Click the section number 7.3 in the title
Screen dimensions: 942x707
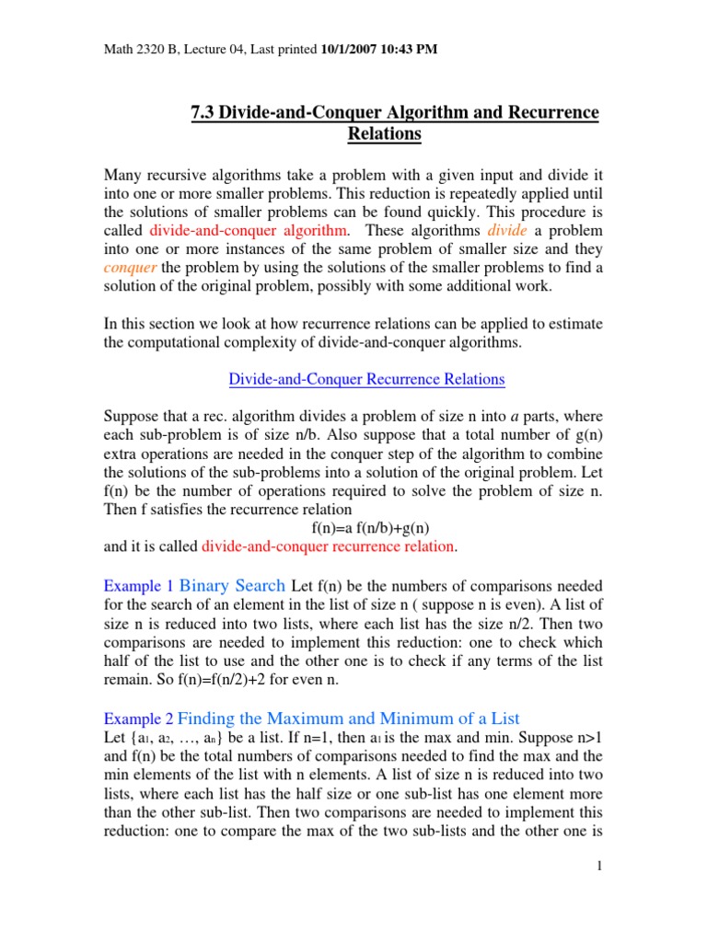click(202, 113)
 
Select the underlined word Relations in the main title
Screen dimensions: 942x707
click(384, 134)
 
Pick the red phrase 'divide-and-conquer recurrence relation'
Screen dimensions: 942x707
click(328, 546)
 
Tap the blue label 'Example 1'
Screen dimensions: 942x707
click(138, 586)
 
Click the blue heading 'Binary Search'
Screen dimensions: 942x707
click(232, 585)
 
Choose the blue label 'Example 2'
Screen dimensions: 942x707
click(138, 718)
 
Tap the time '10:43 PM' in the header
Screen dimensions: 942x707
click(411, 49)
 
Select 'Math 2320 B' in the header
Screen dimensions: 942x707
click(137, 49)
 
